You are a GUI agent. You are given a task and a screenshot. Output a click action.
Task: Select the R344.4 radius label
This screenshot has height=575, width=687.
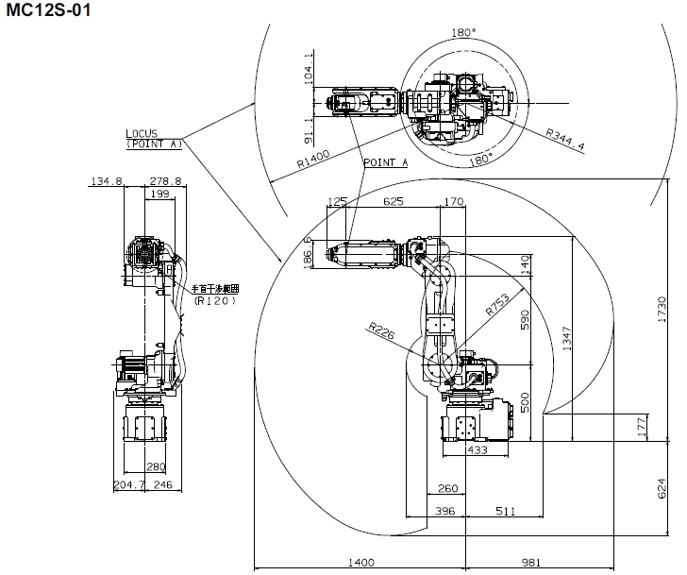pyautogui.click(x=563, y=140)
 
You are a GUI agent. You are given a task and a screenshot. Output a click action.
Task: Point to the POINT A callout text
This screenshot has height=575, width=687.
pyautogui.click(x=386, y=162)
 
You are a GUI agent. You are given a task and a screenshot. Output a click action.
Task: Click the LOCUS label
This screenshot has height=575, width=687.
pyautogui.click(x=142, y=133)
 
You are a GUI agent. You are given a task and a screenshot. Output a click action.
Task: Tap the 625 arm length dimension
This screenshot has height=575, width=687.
pyautogui.click(x=394, y=201)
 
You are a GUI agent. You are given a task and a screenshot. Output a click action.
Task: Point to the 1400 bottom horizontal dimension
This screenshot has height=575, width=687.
pyautogui.click(x=360, y=563)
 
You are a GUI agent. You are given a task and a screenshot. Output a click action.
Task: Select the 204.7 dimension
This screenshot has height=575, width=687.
pyautogui.click(x=130, y=484)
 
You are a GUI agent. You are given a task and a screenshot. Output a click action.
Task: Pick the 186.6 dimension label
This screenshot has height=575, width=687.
pyautogui.click(x=308, y=253)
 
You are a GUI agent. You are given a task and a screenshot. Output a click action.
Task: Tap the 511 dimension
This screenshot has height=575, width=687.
pyautogui.click(x=505, y=511)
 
